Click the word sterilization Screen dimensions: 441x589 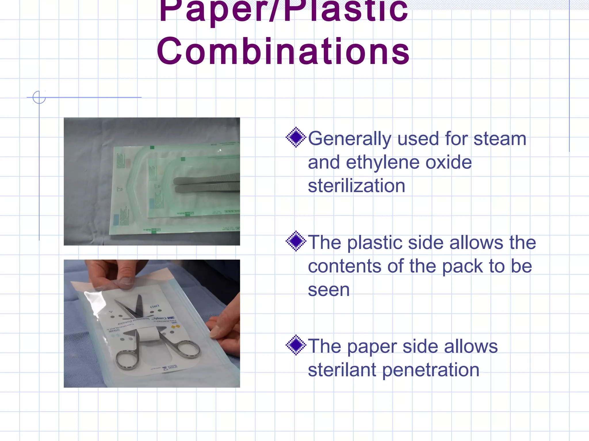point(357,186)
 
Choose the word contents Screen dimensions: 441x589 point(345,266)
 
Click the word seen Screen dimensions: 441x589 point(329,290)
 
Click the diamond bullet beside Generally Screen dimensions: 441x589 point(296,137)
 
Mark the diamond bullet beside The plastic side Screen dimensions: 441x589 point(296,241)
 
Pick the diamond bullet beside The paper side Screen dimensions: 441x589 point(296,345)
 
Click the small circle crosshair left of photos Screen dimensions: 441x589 point(39,97)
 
